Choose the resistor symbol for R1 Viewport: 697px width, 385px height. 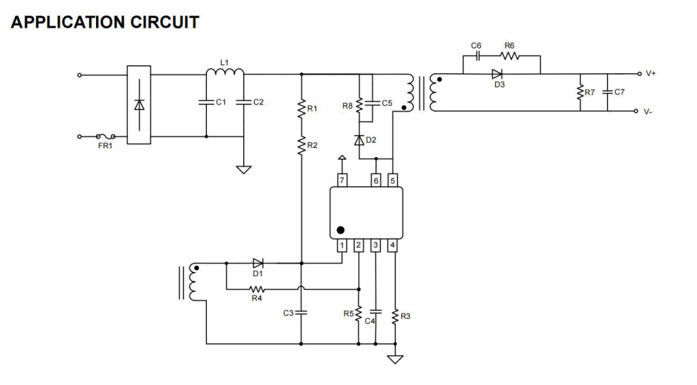click(302, 109)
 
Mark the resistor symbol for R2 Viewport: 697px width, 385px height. click(302, 145)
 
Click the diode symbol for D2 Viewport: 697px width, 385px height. click(360, 140)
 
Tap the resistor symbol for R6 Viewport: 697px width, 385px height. click(510, 55)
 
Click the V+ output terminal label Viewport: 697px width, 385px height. click(651, 73)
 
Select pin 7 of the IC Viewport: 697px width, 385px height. click(342, 180)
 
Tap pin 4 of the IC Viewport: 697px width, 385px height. click(393, 246)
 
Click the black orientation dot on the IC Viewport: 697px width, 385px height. click(341, 230)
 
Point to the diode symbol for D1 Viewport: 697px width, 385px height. click(257, 263)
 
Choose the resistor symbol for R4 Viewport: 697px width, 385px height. click(256, 289)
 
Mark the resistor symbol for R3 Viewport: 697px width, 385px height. click(395, 315)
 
